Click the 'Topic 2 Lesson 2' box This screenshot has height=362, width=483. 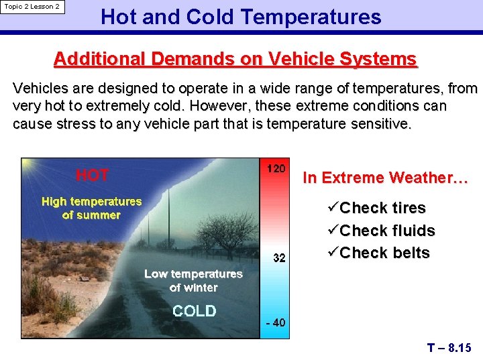32,7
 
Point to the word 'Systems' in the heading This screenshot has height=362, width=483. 376,59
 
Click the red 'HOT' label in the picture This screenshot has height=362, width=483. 92,176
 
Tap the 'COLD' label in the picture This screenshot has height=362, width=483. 194,311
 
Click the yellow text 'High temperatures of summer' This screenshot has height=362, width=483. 91,208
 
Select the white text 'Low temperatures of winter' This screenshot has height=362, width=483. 193,280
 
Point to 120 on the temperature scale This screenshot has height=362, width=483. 276,168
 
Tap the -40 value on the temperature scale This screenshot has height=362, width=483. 275,322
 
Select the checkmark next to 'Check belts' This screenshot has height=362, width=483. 331,253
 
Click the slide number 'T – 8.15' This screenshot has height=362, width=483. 449,348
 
